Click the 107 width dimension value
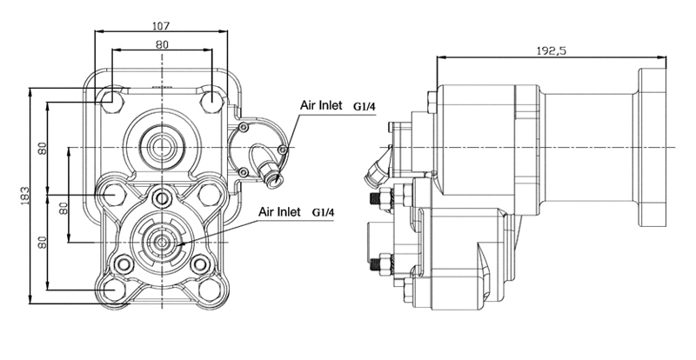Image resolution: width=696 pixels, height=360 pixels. [x=161, y=26]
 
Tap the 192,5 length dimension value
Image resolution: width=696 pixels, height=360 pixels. [x=552, y=50]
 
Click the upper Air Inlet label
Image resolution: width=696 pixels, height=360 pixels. [x=321, y=105]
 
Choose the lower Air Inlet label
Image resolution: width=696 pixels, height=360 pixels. [x=279, y=211]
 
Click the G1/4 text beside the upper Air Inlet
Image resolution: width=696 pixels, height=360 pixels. [x=365, y=107]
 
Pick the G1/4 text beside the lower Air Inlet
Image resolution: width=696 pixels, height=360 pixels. [x=323, y=213]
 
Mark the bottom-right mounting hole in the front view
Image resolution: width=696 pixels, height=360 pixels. [x=210, y=290]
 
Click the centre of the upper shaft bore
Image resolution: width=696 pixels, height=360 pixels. [x=162, y=146]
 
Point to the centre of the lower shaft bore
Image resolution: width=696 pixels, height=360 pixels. [x=162, y=243]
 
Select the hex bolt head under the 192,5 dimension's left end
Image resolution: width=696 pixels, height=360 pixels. [x=432, y=102]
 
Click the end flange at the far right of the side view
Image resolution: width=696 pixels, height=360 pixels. [x=652, y=147]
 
